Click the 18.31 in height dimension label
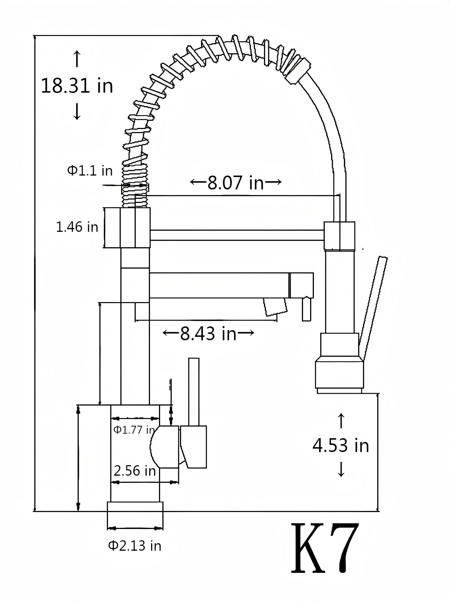(x=77, y=86)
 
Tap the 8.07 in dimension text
(x=235, y=183)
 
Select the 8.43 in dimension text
(x=208, y=333)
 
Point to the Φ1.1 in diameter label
(x=90, y=171)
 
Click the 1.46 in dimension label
(x=77, y=227)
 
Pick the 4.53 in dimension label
(x=340, y=445)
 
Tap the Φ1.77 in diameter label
(x=134, y=430)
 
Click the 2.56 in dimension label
(x=134, y=470)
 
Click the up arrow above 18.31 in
(x=77, y=59)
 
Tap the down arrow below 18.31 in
(x=77, y=111)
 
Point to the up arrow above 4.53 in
(x=341, y=421)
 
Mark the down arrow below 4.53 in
(x=341, y=469)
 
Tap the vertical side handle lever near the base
(x=193, y=392)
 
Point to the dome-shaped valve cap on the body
(x=164, y=447)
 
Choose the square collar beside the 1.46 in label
(x=127, y=228)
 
